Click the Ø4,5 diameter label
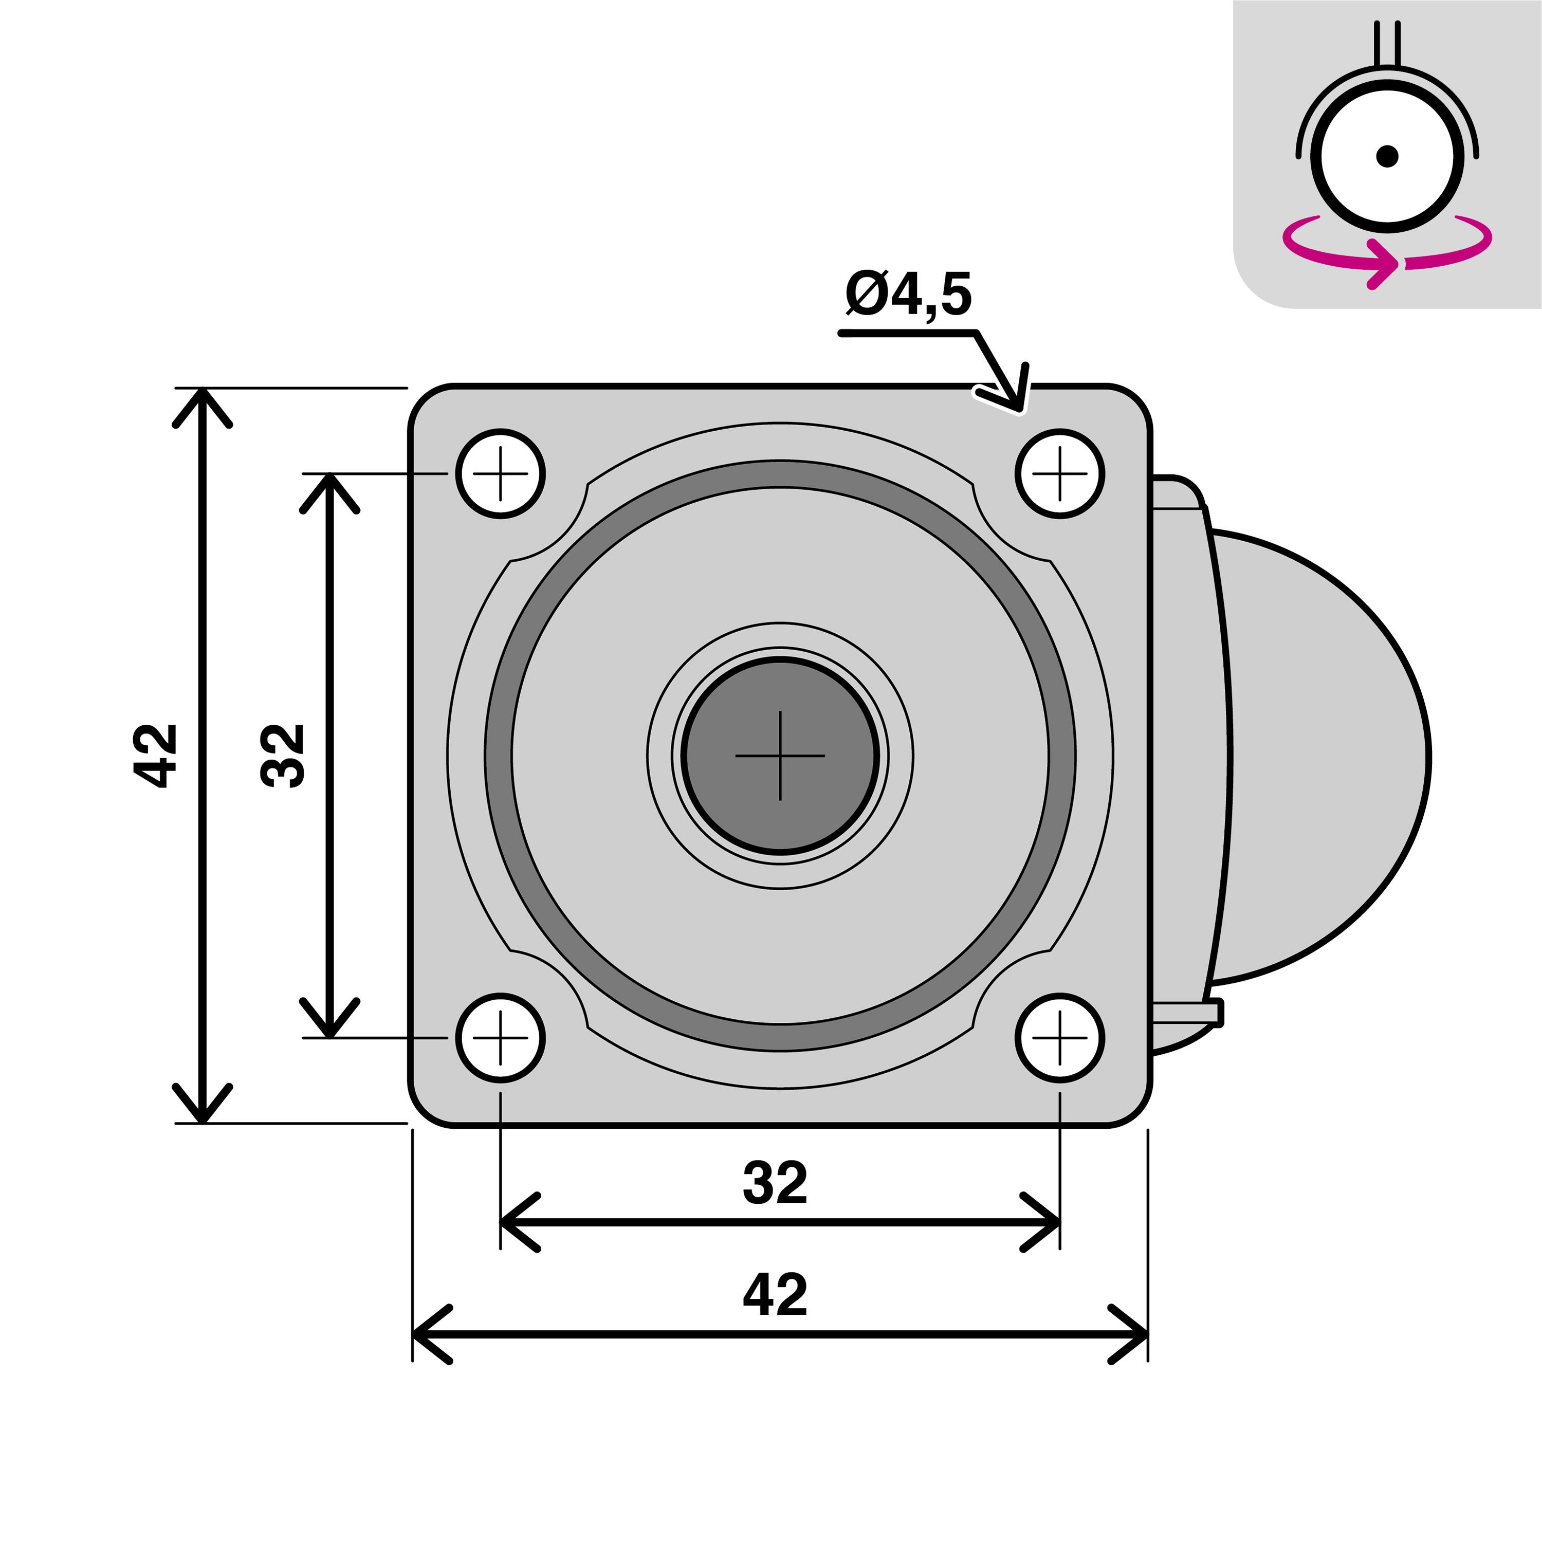908,295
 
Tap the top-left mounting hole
501,473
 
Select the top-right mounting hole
1060,473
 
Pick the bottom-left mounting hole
501,1038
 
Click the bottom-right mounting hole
1060,1038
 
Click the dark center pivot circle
780,755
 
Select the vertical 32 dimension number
283,755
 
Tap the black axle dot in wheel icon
1387,156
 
